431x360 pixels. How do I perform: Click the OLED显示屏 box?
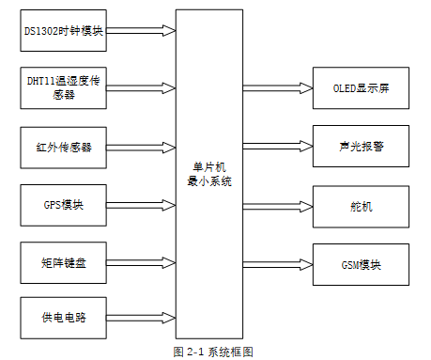pos(361,88)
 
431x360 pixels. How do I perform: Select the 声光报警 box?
pos(361,147)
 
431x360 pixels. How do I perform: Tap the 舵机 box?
pos(361,206)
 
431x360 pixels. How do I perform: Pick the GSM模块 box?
pos(361,264)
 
